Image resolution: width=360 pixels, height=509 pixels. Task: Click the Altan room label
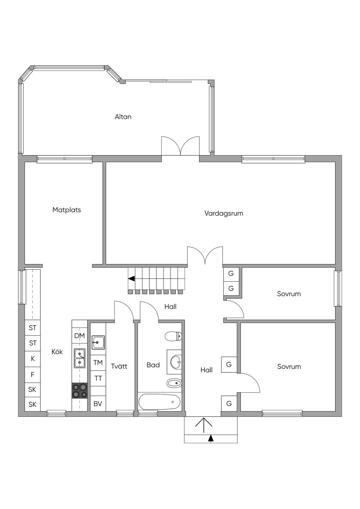pos(123,117)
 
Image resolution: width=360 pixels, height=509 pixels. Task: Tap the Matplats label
pos(66,210)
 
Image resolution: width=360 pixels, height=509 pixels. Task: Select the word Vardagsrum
pos(224,213)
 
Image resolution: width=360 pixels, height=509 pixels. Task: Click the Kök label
pos(57,352)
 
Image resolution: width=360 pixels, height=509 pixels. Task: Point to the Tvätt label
pos(119,366)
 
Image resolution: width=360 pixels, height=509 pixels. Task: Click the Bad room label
pos(153,365)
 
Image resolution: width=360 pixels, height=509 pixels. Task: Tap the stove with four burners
pos(79,391)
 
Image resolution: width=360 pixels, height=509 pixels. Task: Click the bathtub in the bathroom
pos(160,402)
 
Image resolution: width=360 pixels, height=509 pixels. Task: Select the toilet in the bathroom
pos(173,336)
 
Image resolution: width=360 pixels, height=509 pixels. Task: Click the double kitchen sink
pos(79,359)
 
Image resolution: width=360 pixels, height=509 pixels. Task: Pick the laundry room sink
pos(98,342)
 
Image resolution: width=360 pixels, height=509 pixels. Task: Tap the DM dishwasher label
pos(79,336)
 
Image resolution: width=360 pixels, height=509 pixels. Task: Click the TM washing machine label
pos(98,363)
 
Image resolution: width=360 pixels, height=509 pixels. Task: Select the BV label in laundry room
pos(98,404)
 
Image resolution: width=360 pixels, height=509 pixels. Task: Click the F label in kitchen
pos(32,374)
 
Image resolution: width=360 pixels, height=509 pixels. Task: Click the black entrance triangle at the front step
pos(211,438)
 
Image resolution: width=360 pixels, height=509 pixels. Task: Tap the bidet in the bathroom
pos(174,384)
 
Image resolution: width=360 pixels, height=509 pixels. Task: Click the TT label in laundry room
pos(98,378)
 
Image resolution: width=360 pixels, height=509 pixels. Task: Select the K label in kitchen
pos(33,359)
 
